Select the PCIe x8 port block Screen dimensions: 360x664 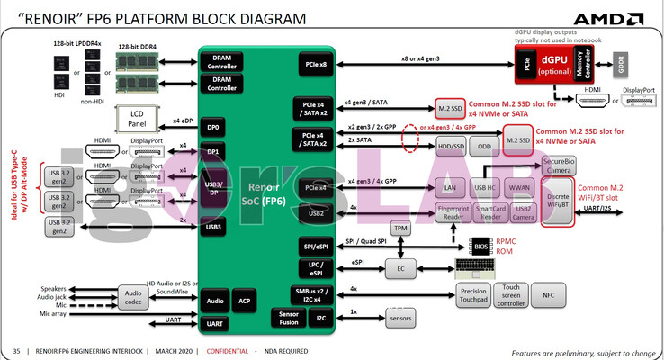pos(315,65)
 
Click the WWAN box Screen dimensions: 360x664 pos(520,187)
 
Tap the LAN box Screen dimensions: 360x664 pos(451,187)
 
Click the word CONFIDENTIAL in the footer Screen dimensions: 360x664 pos(229,350)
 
